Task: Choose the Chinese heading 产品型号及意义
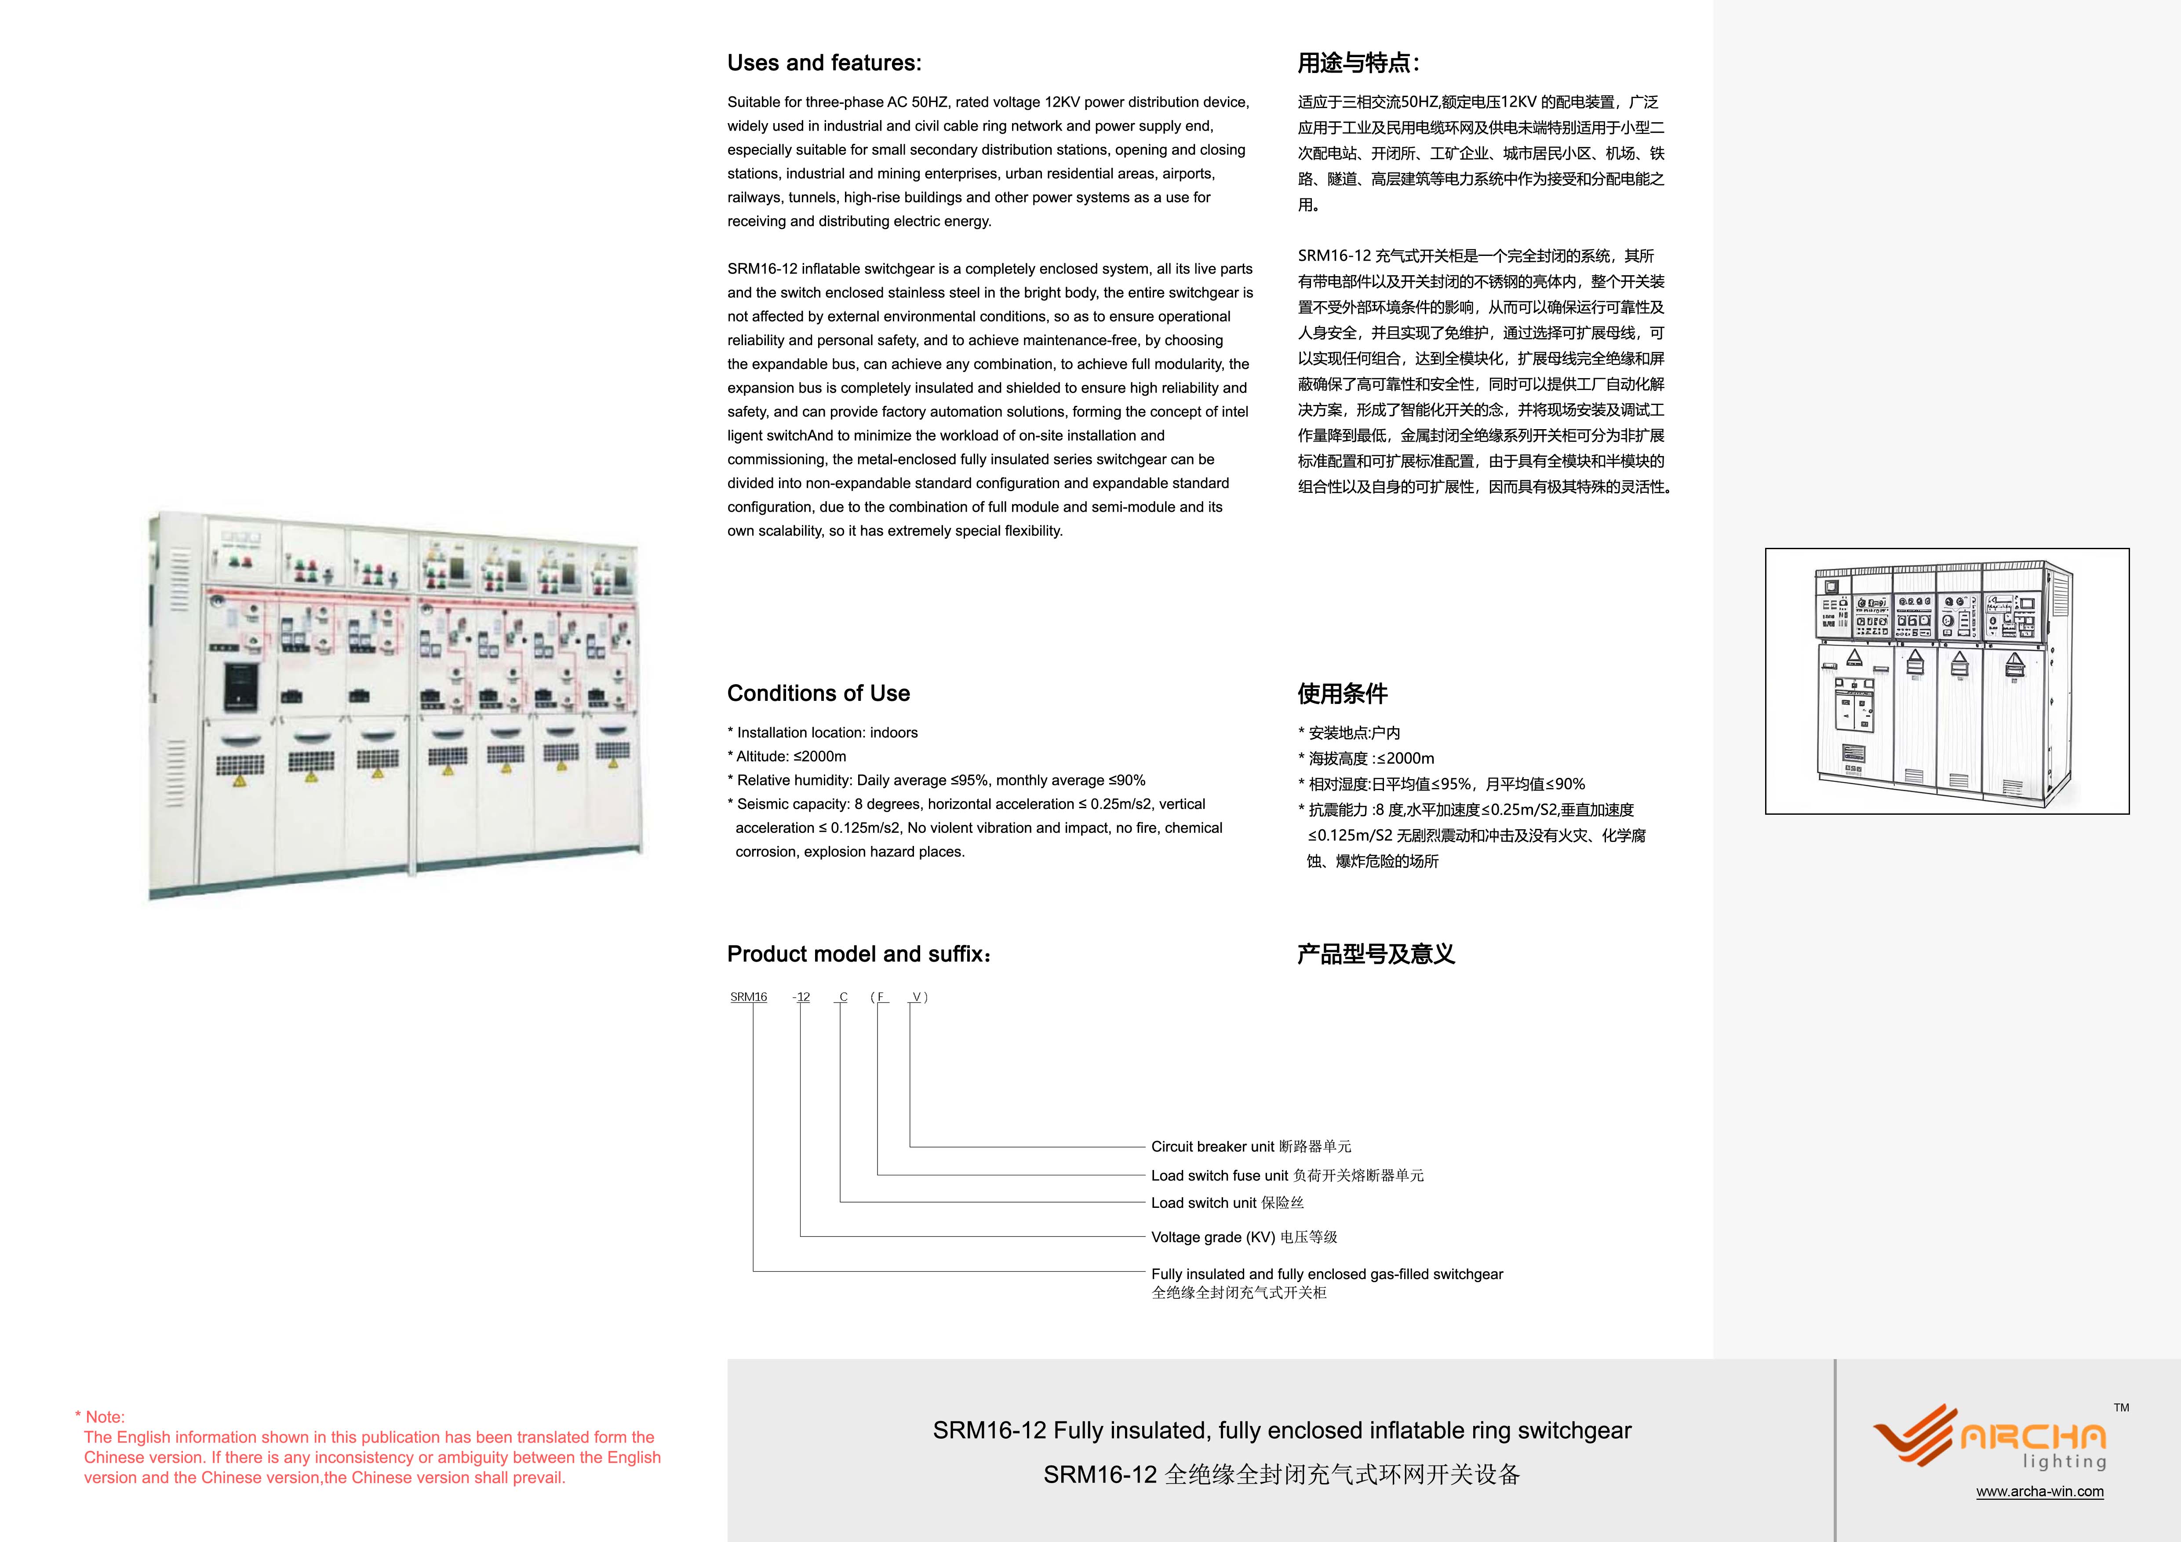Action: click(x=1376, y=954)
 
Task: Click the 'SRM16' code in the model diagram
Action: click(x=749, y=997)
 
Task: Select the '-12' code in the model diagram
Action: click(x=802, y=997)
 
